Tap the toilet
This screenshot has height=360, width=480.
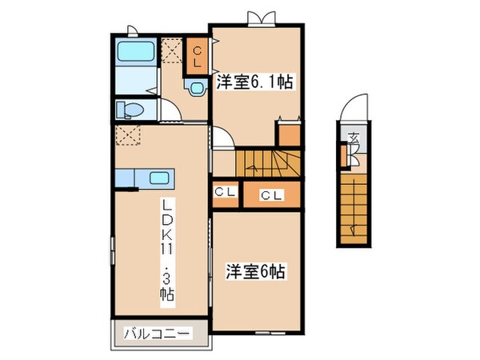coord(128,108)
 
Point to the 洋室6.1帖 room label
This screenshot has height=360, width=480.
coord(254,82)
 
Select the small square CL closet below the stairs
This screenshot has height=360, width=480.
coord(224,193)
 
